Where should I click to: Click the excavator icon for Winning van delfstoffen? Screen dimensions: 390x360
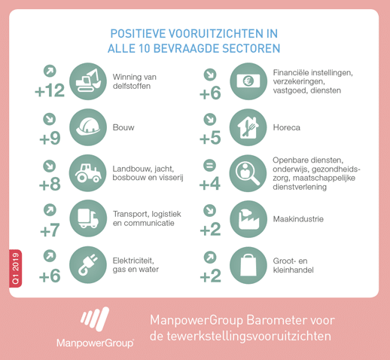point(88,81)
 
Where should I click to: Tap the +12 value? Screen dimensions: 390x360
point(50,90)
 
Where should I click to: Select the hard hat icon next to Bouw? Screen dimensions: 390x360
point(88,127)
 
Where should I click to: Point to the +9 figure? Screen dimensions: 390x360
point(50,139)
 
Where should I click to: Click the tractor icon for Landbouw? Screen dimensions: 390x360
point(88,173)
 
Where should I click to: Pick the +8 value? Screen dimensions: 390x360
point(50,185)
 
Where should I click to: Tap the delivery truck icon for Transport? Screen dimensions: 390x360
point(88,218)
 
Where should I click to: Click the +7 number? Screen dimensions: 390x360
point(50,230)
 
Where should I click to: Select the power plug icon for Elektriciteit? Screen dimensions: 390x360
point(88,265)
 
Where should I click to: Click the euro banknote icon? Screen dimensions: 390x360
point(248,81)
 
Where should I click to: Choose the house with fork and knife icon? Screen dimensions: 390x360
point(248,127)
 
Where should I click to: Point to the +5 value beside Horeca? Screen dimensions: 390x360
point(210,138)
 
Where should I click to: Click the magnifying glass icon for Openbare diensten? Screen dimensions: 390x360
point(248,173)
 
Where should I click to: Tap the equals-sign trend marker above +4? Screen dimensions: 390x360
point(210,166)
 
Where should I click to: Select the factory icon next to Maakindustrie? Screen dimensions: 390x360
point(248,219)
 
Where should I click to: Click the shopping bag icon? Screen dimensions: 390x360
point(248,265)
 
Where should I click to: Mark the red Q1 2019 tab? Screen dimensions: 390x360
point(16,268)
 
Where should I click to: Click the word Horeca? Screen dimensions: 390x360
point(287,127)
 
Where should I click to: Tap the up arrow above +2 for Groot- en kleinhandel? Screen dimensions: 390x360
point(210,258)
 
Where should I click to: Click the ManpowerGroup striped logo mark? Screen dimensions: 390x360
point(95,319)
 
